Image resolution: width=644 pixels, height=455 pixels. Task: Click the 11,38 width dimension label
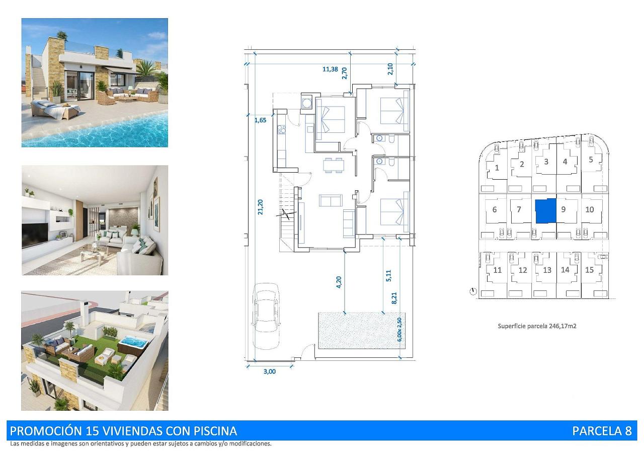click(330, 69)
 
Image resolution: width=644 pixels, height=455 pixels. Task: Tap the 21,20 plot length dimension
click(261, 207)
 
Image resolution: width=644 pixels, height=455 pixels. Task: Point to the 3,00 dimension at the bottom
click(269, 371)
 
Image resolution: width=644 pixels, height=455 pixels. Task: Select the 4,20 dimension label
click(339, 282)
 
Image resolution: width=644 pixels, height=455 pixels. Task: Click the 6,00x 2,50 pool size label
click(399, 330)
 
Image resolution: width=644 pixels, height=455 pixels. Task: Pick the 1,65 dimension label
click(260, 120)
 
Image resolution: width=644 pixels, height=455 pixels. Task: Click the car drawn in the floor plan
click(266, 316)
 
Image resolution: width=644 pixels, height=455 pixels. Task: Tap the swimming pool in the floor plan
click(362, 331)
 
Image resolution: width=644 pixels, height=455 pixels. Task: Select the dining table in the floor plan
click(334, 166)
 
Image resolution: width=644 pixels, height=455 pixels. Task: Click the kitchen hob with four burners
click(281, 129)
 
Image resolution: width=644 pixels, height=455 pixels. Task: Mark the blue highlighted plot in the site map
click(546, 211)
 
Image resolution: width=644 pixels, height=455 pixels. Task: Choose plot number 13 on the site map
click(547, 270)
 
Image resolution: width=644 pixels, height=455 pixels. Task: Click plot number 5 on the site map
click(591, 160)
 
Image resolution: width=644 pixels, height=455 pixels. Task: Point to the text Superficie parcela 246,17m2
click(537, 326)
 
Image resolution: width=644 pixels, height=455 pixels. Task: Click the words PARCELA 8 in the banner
click(602, 431)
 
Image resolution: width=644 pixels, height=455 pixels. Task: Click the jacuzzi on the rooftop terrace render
click(133, 344)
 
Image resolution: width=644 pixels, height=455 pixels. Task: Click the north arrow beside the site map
click(472, 291)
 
